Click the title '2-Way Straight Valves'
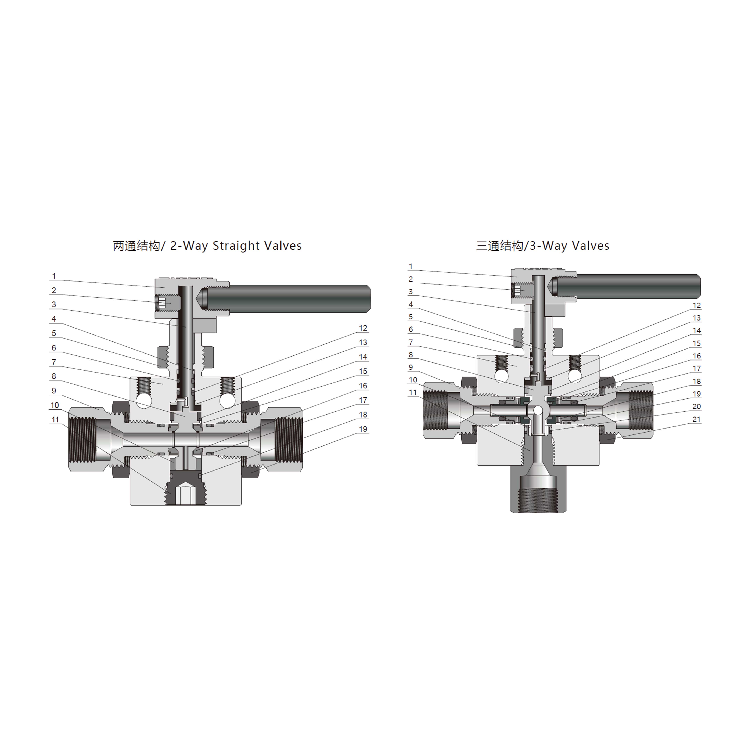(x=236, y=246)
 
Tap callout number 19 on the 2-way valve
(x=363, y=429)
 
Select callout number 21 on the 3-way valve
(x=696, y=419)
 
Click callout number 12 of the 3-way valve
(x=696, y=305)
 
